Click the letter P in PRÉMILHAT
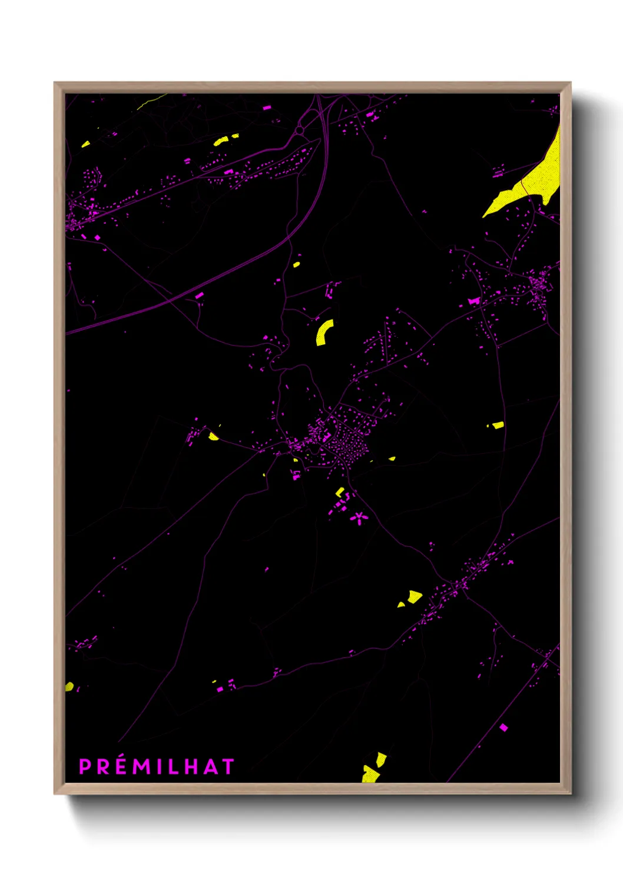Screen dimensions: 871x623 point(85,767)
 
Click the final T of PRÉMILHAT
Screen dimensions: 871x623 point(228,767)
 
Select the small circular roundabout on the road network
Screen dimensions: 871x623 point(300,130)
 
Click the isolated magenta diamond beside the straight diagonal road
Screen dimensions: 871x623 point(503,728)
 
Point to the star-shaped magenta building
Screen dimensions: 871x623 point(358,518)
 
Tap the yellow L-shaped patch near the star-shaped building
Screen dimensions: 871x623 point(340,492)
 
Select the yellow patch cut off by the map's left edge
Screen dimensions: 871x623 point(69,686)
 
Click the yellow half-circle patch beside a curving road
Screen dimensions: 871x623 point(213,436)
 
